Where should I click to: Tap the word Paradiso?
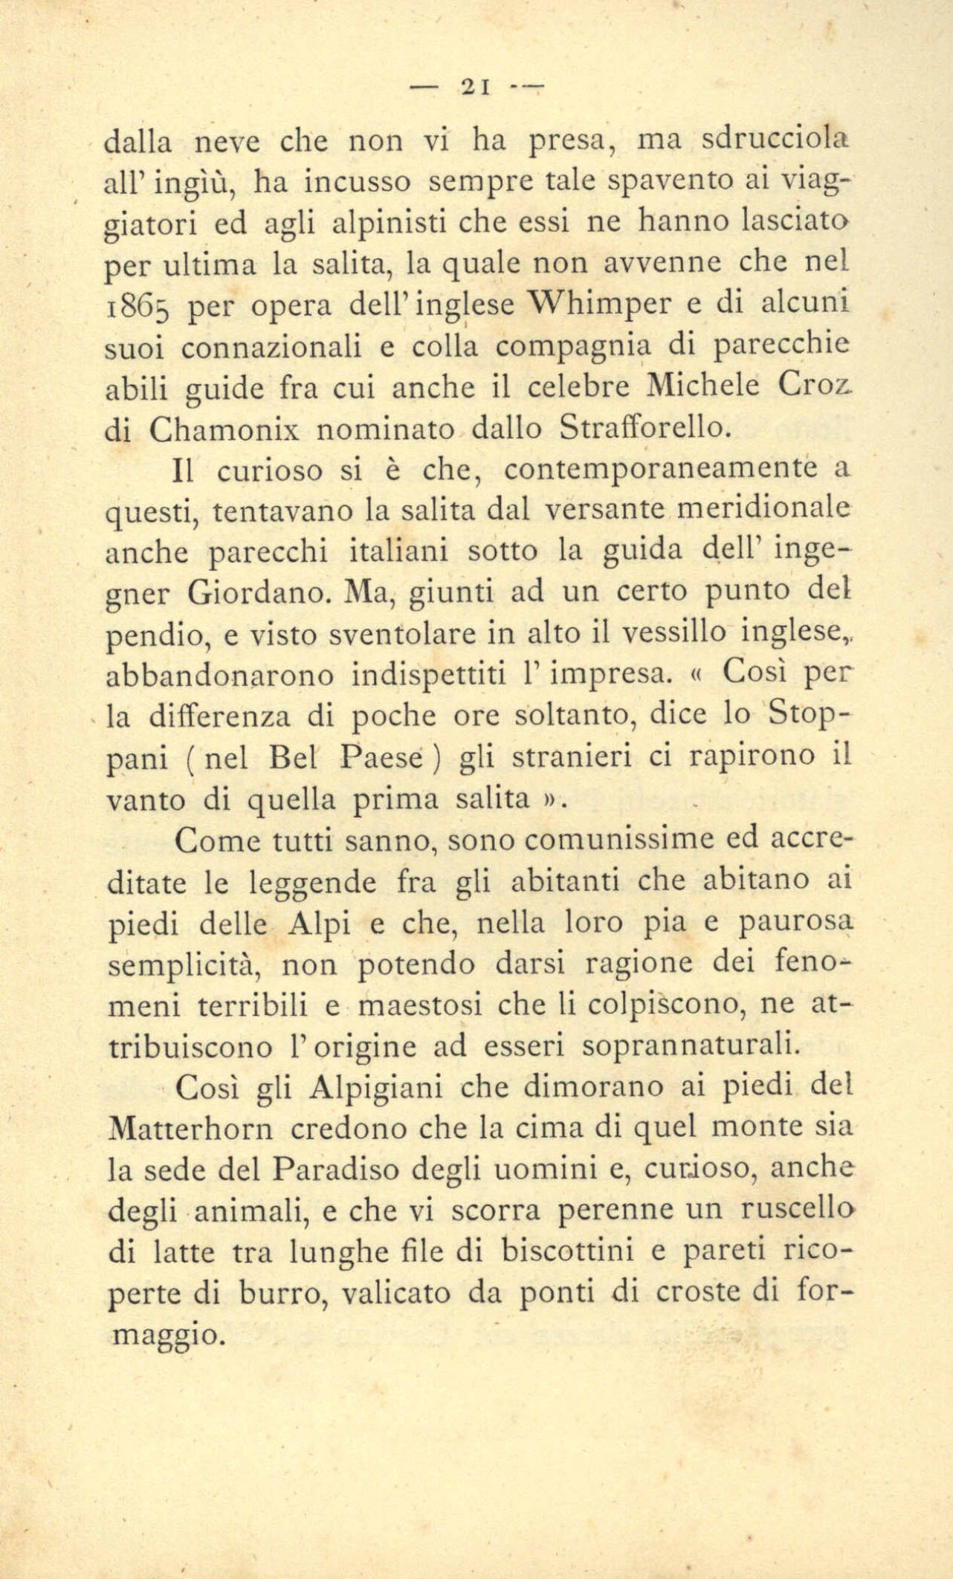click(x=335, y=1171)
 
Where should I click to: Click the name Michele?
click(x=703, y=386)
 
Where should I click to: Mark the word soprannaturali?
click(x=690, y=1047)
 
